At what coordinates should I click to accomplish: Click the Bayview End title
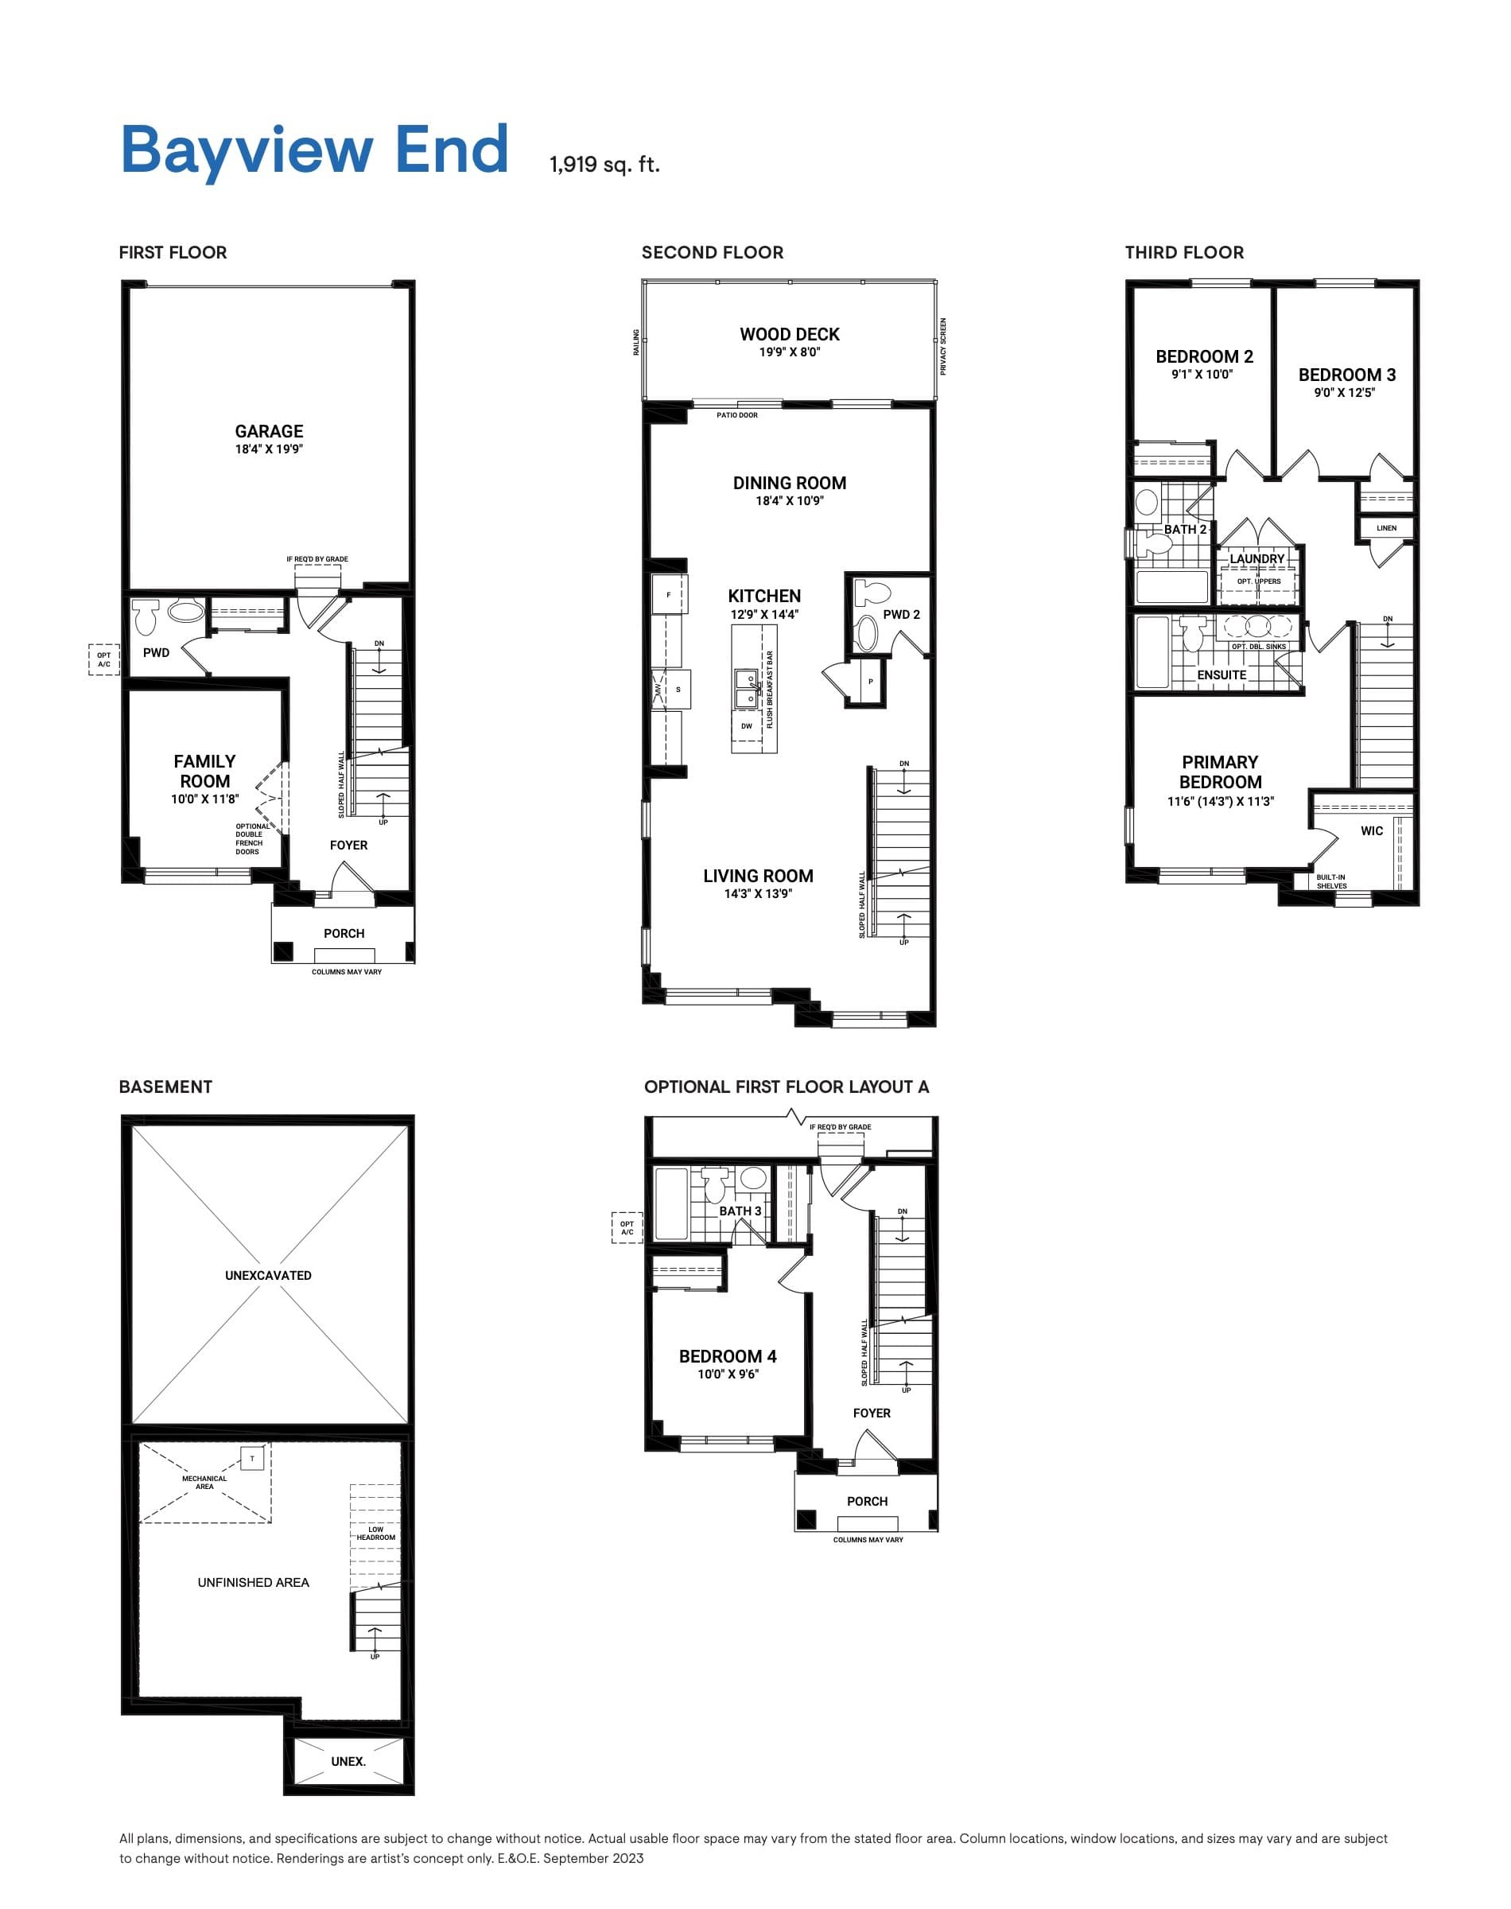point(314,150)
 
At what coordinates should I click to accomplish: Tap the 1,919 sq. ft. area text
point(604,165)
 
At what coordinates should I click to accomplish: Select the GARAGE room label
point(269,432)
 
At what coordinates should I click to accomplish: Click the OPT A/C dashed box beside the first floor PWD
point(103,659)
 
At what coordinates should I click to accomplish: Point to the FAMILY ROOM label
point(204,772)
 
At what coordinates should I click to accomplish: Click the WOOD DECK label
point(789,334)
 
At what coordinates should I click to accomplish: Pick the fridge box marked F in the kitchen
point(668,594)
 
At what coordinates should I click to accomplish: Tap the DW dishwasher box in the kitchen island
point(747,726)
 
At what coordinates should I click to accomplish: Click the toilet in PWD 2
point(874,593)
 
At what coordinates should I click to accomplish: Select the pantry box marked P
point(871,682)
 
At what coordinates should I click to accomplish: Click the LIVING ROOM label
point(758,876)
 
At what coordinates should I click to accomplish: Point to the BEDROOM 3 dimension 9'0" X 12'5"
point(1345,393)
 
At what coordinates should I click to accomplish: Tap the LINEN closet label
point(1386,528)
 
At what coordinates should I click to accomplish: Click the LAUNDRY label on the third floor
point(1257,559)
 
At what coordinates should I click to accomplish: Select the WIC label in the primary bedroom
point(1371,830)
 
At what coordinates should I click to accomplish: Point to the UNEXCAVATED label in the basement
point(268,1276)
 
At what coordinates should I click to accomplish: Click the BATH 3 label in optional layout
point(740,1211)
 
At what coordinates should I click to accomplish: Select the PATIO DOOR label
point(737,415)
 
